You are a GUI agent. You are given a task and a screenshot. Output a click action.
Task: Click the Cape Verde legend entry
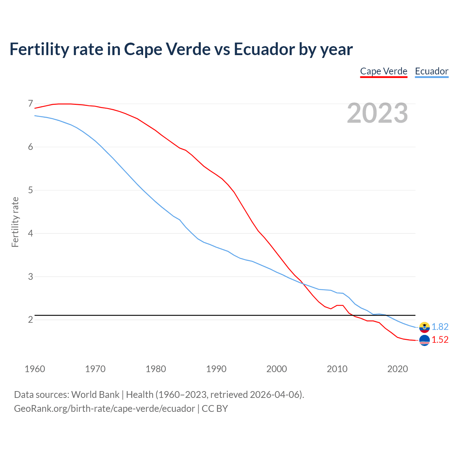tap(384, 71)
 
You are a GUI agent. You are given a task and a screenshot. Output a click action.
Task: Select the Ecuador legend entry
tap(432, 71)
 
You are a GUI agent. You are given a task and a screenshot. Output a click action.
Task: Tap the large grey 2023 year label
tap(377, 113)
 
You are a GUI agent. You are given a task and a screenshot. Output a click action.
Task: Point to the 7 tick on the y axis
tap(30, 104)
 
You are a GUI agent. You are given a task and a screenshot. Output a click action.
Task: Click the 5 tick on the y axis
tap(30, 190)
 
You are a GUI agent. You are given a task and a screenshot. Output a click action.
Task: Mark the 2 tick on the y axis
tap(30, 320)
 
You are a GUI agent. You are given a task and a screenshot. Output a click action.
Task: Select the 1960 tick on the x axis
tap(35, 369)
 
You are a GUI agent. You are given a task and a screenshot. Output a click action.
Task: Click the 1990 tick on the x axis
tap(216, 369)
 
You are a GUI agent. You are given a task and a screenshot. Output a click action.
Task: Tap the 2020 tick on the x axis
tap(398, 369)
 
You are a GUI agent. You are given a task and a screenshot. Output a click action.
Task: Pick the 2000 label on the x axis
tap(277, 369)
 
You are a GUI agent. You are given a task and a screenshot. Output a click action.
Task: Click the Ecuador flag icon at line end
tap(424, 327)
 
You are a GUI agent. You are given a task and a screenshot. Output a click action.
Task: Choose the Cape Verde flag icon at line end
tap(424, 340)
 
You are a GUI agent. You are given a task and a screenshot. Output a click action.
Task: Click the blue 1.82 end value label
tap(440, 327)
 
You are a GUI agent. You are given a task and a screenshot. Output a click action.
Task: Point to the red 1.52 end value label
tap(440, 340)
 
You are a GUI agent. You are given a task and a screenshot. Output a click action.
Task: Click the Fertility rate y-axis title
tap(15, 222)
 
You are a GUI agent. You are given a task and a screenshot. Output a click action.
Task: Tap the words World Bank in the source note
tap(95, 395)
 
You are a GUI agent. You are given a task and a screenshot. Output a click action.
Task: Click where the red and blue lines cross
tap(303, 284)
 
